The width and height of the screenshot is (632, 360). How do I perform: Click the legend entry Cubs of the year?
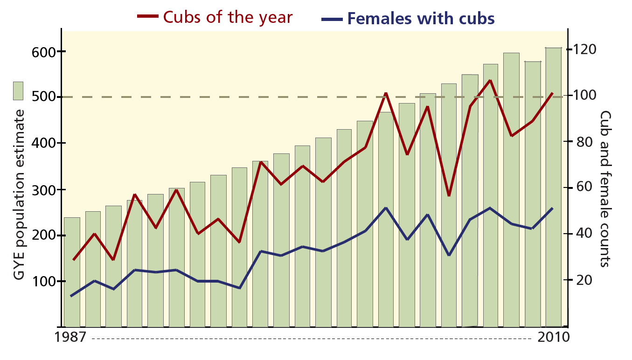click(x=228, y=18)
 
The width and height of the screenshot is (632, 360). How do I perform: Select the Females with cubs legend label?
click(x=421, y=19)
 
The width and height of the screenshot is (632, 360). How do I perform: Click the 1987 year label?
click(x=70, y=337)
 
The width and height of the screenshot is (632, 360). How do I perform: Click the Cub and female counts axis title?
click(x=605, y=188)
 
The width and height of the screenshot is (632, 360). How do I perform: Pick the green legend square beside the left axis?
click(x=18, y=90)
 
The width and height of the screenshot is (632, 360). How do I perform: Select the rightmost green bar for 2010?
click(x=553, y=187)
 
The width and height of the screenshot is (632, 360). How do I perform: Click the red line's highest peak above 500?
click(x=490, y=80)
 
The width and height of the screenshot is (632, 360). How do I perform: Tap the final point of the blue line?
click(x=553, y=208)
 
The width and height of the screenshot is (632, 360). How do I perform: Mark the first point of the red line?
click(x=73, y=260)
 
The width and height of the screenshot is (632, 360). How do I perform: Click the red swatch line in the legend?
click(x=148, y=17)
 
